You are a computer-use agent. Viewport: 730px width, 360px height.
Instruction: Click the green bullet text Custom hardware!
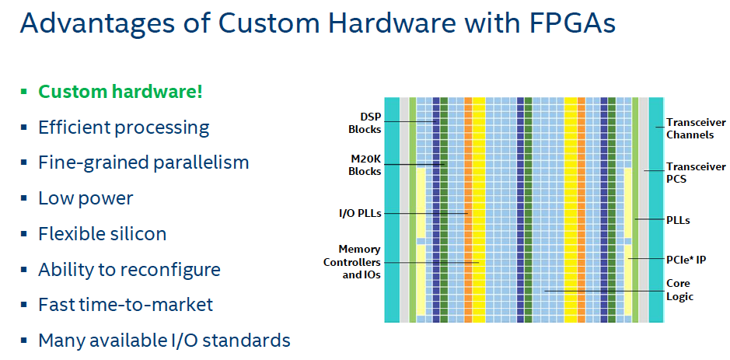click(121, 92)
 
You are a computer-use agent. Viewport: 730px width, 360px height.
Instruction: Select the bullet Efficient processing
click(124, 128)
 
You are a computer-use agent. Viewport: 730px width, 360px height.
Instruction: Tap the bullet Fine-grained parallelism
click(143, 163)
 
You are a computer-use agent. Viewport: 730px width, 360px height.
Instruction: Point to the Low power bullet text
click(86, 198)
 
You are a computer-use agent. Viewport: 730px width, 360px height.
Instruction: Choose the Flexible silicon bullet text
click(102, 234)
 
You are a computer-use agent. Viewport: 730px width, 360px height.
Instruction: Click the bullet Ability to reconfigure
click(129, 270)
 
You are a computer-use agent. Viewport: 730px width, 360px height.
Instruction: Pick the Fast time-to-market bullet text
click(125, 305)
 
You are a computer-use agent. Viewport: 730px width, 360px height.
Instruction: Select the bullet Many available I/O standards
click(164, 341)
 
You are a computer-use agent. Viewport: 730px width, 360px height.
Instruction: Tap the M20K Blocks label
click(364, 165)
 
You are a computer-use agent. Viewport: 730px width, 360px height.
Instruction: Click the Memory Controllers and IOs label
click(351, 262)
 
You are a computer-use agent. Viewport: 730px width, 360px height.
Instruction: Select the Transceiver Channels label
click(695, 128)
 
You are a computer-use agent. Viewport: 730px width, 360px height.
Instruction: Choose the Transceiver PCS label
click(695, 172)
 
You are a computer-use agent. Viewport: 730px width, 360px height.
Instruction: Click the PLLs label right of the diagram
click(679, 220)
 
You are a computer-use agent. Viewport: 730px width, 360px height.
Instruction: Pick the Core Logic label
click(679, 290)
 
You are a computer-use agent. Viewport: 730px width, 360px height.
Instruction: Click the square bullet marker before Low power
click(24, 199)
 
